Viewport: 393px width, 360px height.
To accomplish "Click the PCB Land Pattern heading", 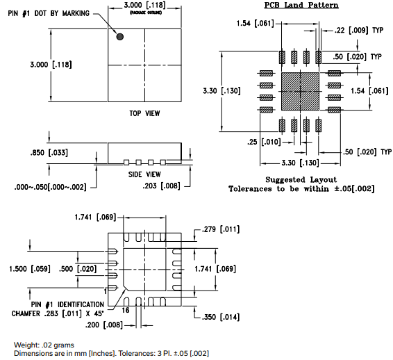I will pyautogui.click(x=301, y=6).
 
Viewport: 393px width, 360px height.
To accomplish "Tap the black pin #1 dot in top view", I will pyautogui.click(x=119, y=37).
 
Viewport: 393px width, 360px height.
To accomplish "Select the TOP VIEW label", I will pyautogui.click(x=144, y=113).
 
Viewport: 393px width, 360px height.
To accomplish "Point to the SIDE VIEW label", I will pyautogui.click(x=144, y=174).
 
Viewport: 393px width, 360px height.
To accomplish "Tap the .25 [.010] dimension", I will pyautogui.click(x=259, y=142).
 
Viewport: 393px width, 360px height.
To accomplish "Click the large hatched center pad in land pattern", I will pyautogui.click(x=300, y=91).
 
